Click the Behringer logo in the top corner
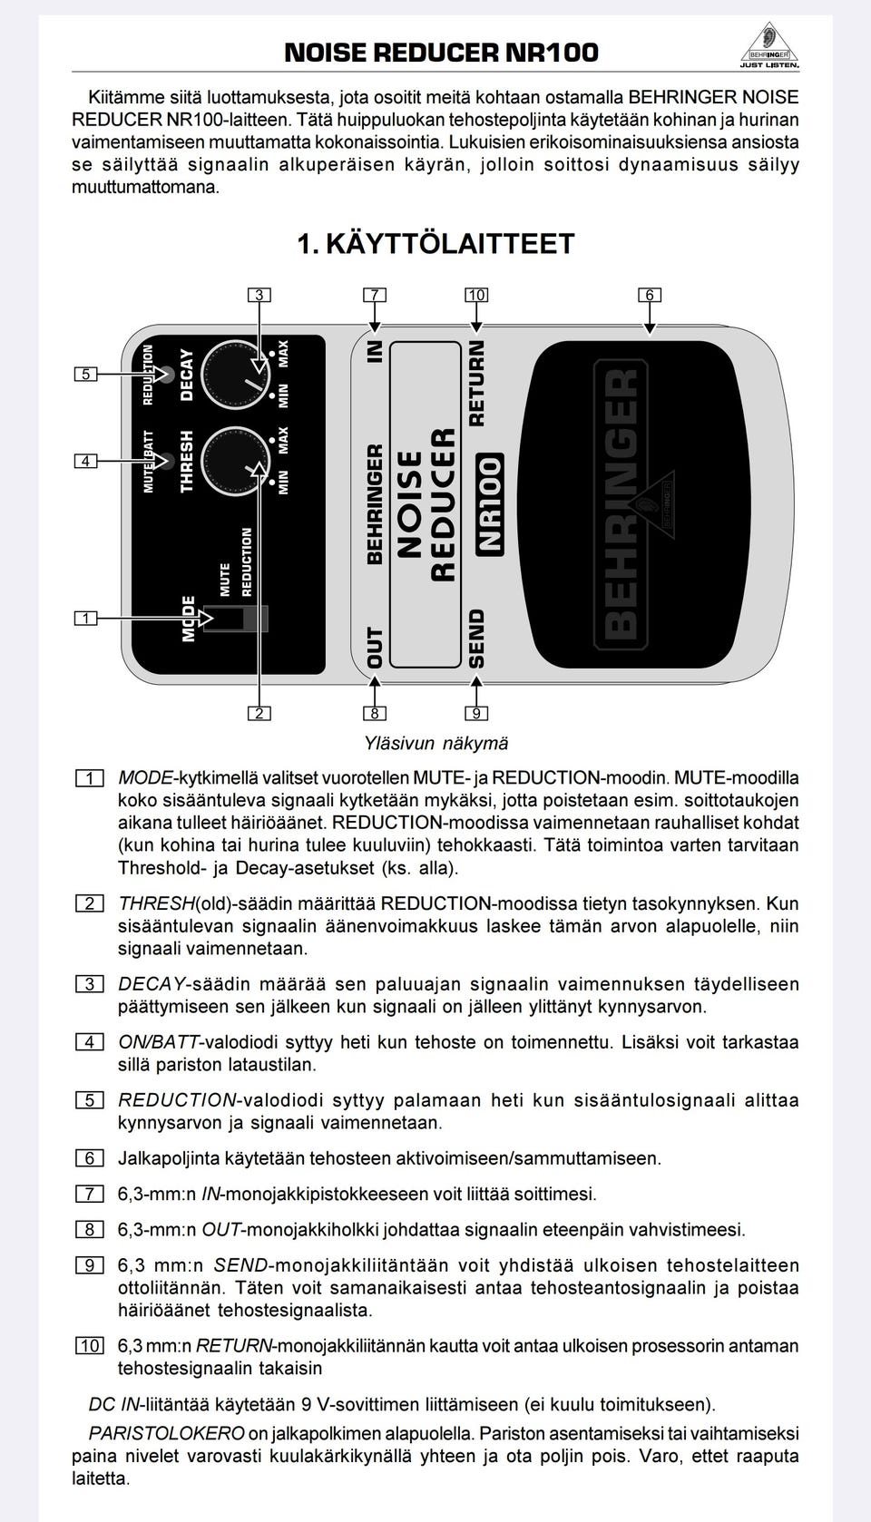tap(769, 45)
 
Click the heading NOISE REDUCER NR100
tap(441, 53)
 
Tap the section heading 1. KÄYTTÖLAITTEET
tap(435, 244)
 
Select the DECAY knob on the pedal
tap(235, 376)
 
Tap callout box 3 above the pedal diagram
tap(259, 295)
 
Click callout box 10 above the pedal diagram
tap(476, 295)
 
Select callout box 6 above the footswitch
tap(649, 295)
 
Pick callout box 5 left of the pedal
tap(85, 374)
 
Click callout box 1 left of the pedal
tap(85, 619)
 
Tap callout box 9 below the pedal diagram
tap(476, 713)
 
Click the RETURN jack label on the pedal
tap(477, 383)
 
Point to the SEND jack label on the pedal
tap(477, 638)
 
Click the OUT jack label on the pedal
tap(375, 648)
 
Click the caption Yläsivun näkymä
tap(435, 744)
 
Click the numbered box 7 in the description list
tap(89, 1195)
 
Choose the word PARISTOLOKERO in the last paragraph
tap(166, 1434)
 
